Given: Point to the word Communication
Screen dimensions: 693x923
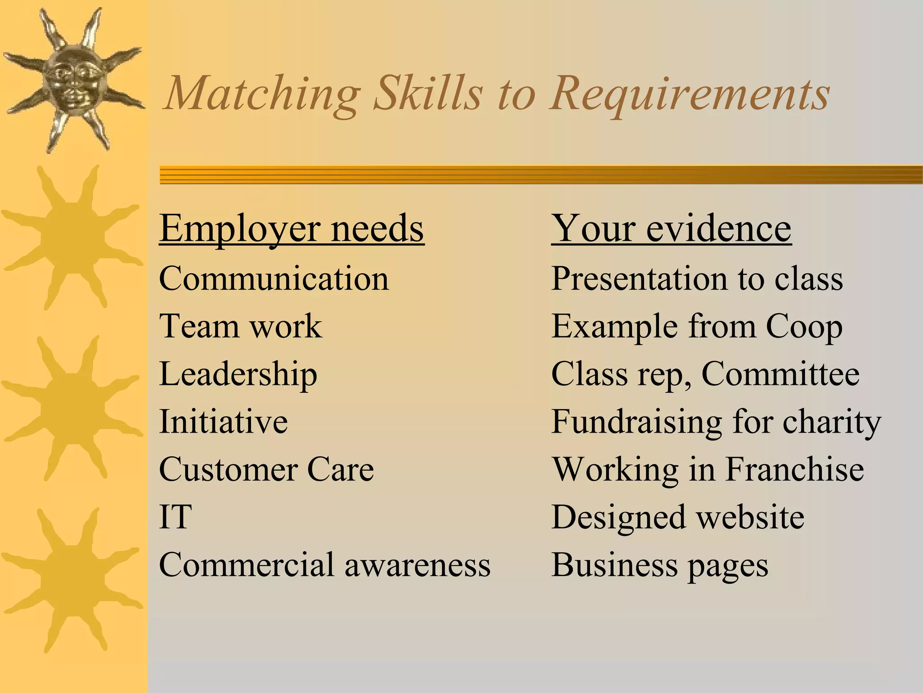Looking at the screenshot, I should pyautogui.click(x=274, y=278).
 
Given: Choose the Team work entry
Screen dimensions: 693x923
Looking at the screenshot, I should pyautogui.click(x=241, y=326).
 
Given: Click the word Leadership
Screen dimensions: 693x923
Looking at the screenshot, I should pyautogui.click(x=238, y=374).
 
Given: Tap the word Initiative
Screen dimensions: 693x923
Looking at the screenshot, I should pyautogui.click(x=224, y=421).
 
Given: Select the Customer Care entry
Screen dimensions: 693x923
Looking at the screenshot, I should pyautogui.click(x=266, y=469).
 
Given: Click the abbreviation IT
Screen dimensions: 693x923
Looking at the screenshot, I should pyautogui.click(x=175, y=517).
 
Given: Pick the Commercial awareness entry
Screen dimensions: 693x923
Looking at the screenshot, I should pyautogui.click(x=324, y=564).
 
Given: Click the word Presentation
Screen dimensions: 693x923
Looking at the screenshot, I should pyautogui.click(x=639, y=278).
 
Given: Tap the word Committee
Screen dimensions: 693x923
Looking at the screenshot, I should pyautogui.click(x=780, y=374).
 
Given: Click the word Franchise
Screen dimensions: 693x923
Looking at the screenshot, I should pyautogui.click(x=794, y=469).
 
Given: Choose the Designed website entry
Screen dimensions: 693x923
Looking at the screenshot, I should pyautogui.click(x=677, y=517).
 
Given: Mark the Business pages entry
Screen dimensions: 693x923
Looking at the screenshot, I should pyautogui.click(x=660, y=565).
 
